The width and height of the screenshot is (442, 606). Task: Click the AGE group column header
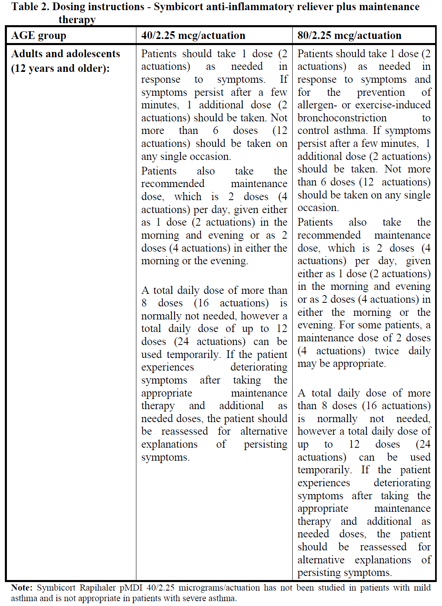pos(39,36)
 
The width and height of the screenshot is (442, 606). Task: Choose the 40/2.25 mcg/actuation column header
pos(193,36)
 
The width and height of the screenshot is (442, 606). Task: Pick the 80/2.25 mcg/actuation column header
pos(349,36)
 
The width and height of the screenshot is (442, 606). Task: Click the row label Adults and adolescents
pos(66,54)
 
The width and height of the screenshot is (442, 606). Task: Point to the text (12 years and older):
pos(60,68)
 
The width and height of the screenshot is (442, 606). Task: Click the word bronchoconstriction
pos(342,118)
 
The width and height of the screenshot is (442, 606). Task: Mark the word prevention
pos(381,93)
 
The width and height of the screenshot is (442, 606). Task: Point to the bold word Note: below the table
pos(22,588)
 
